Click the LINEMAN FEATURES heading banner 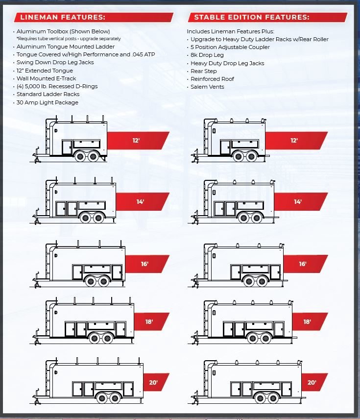(62, 18)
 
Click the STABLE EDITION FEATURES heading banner (251, 18)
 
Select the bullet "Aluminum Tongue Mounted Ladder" (66, 47)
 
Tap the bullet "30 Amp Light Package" (47, 102)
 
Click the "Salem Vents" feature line (207, 87)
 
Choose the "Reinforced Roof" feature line (212, 79)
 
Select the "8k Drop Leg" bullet (207, 55)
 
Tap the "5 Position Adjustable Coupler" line (230, 47)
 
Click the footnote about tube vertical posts (69, 38)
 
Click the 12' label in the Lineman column (136, 141)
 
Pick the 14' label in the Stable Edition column (298, 201)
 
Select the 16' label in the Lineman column (144, 264)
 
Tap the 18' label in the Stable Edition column (307, 322)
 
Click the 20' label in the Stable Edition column (312, 382)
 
